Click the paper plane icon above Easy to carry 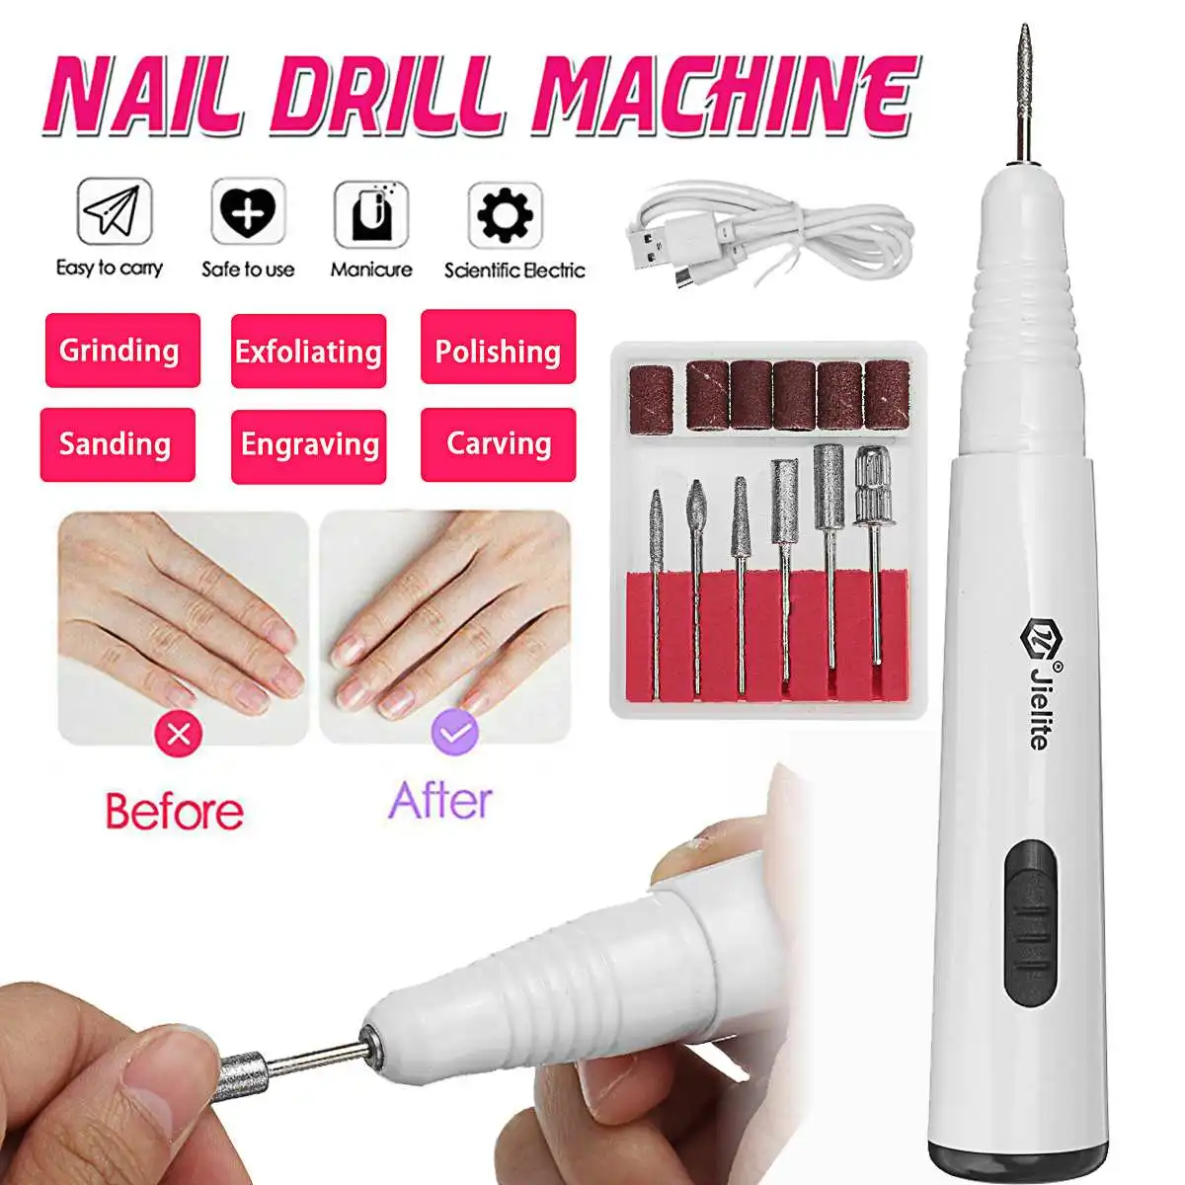point(115,210)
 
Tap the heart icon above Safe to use point(247,211)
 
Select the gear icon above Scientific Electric point(505,213)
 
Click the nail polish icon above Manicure point(370,212)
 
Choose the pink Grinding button point(121,351)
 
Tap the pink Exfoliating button point(308,352)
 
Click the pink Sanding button point(118,444)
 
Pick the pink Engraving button point(308,446)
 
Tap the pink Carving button point(498,444)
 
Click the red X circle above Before point(179,734)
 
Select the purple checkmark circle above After point(454,734)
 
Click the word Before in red point(175,812)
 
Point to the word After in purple point(439,801)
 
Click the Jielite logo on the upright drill point(1037,681)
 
